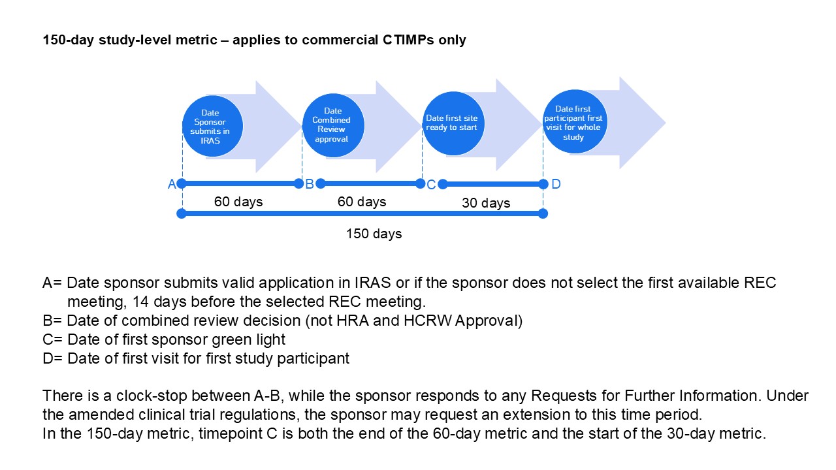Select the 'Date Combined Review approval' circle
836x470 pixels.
[x=333, y=126]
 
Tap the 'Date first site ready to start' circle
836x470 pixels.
[x=452, y=124]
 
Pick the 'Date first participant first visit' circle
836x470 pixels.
[x=574, y=122]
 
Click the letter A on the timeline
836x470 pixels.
[x=172, y=184]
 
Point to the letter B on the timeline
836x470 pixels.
[x=310, y=183]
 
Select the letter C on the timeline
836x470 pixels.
[x=431, y=185]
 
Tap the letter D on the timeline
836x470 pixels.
[x=556, y=184]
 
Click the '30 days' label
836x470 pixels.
[x=486, y=203]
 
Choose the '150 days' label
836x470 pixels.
[x=374, y=233]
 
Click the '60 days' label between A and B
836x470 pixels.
[x=238, y=202]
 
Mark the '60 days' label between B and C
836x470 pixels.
[x=362, y=202]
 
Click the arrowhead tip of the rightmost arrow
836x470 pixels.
[x=664, y=122]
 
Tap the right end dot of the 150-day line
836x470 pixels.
[x=543, y=213]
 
